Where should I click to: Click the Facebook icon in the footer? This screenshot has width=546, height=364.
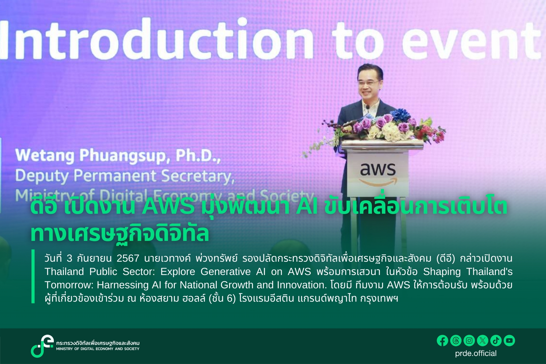(x=443, y=341)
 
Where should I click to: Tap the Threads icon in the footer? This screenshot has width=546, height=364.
(x=456, y=341)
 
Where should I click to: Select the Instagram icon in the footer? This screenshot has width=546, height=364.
(x=469, y=341)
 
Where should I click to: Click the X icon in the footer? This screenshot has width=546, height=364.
(x=483, y=341)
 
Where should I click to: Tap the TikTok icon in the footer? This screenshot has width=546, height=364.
(x=496, y=341)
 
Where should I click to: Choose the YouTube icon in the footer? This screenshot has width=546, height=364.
(x=509, y=341)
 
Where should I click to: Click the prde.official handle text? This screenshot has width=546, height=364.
(x=476, y=353)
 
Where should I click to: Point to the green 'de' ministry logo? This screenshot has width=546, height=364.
(x=42, y=346)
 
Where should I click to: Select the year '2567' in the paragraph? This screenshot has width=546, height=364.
(x=128, y=258)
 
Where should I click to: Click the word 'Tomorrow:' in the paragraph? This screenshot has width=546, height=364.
(x=68, y=285)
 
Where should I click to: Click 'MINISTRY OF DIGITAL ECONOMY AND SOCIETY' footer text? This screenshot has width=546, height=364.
(x=98, y=349)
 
